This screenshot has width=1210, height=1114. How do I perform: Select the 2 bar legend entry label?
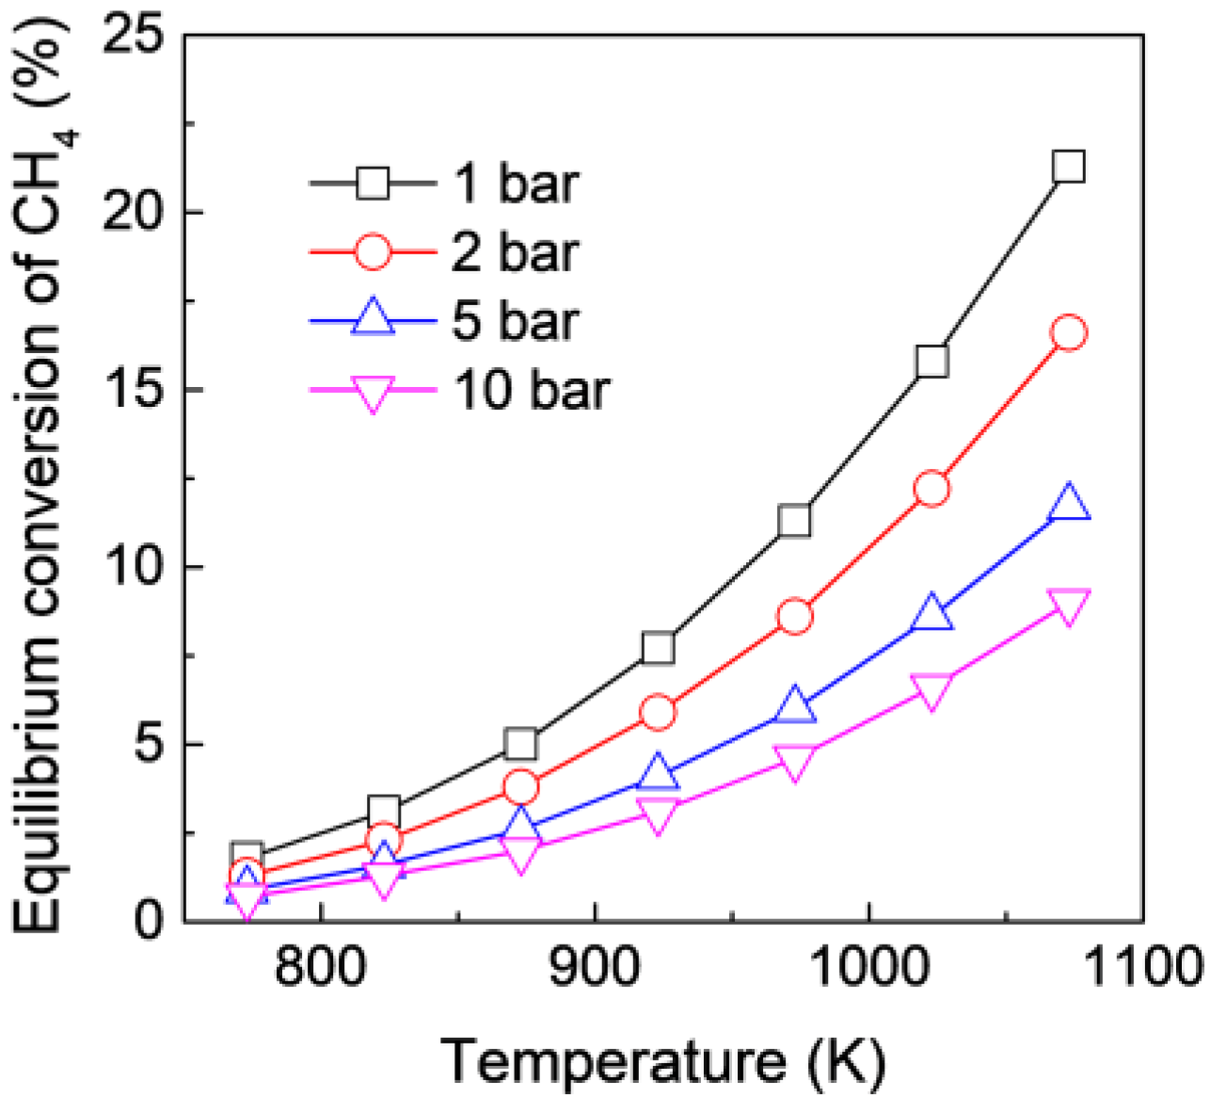(516, 252)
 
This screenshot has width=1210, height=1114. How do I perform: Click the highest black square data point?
(1069, 168)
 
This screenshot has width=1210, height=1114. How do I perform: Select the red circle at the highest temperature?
(1069, 332)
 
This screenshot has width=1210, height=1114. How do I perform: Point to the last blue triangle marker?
(1069, 503)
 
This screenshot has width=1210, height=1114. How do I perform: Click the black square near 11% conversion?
(795, 521)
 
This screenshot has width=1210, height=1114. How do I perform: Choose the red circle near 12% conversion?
(931, 489)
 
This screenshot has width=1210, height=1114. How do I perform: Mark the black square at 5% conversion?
(520, 744)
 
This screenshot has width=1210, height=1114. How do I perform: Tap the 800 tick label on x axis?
(322, 968)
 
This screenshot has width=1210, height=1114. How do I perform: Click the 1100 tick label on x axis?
(1140, 968)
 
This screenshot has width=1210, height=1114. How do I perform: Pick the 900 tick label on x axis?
(595, 968)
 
